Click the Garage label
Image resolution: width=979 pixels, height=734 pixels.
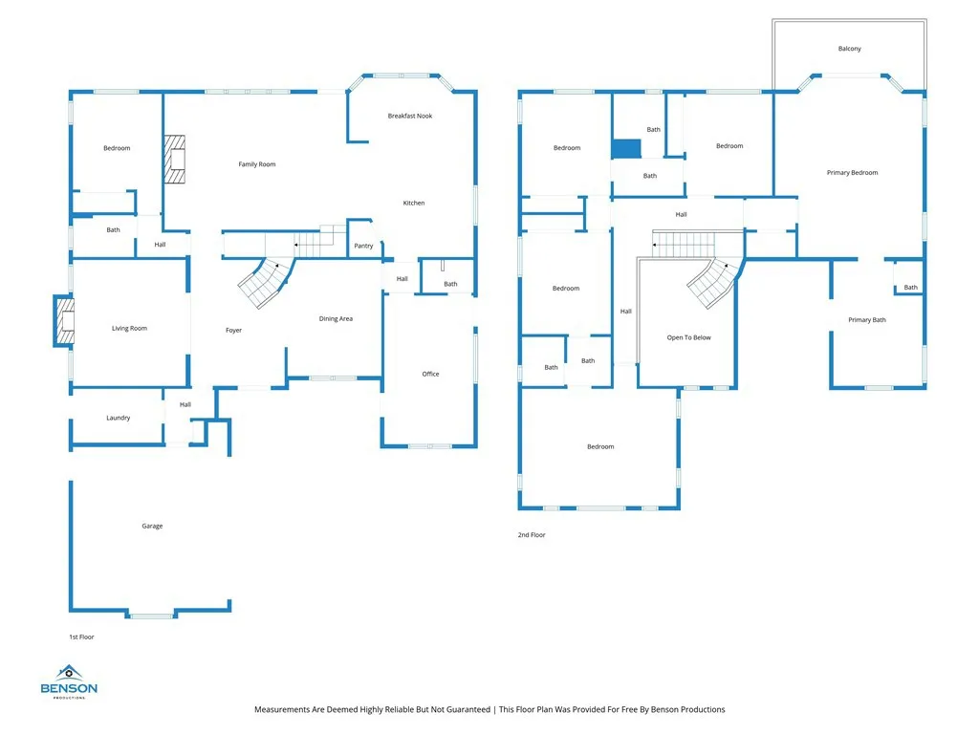152,526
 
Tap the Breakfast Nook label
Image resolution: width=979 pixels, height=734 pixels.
409,116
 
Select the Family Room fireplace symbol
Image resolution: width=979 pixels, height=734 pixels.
173,159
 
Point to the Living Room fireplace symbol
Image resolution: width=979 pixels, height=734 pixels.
64,321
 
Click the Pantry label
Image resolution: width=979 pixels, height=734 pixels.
363,246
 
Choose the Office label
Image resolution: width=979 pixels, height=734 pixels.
430,374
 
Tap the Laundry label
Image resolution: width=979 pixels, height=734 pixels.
118,418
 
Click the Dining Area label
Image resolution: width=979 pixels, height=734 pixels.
336,318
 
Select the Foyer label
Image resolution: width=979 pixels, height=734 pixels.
233,331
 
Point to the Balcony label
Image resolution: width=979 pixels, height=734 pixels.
849,49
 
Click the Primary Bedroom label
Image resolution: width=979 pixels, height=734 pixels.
852,173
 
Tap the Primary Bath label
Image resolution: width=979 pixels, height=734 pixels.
866,320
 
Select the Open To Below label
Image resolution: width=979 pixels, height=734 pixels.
688,337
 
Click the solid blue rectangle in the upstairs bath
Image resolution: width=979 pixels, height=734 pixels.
626,148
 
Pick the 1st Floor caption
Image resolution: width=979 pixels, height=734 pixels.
81,637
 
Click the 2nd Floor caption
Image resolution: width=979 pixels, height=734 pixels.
532,535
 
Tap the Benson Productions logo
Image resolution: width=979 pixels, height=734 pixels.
68,681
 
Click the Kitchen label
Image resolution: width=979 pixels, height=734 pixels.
413,203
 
